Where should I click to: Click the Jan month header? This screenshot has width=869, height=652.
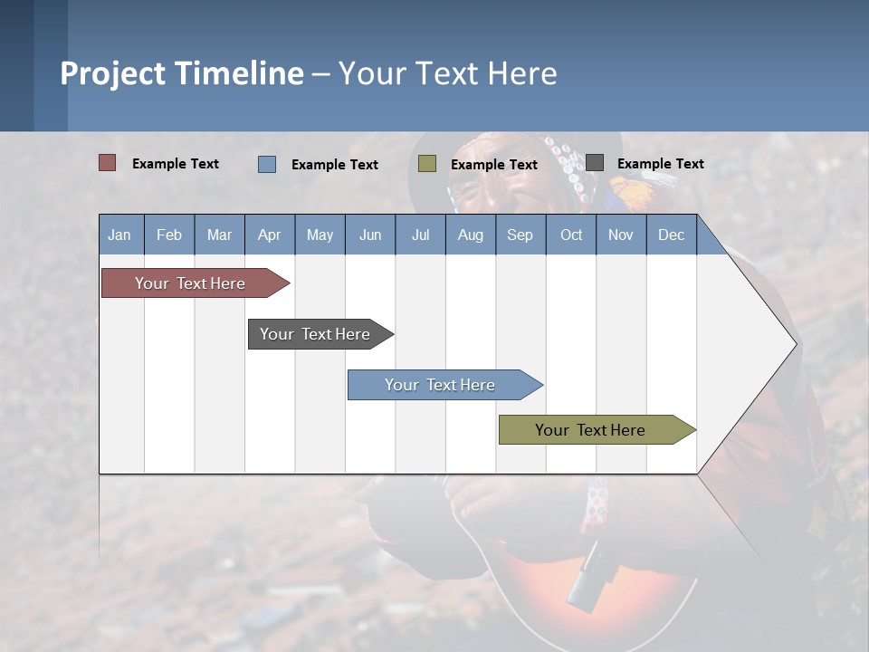point(120,235)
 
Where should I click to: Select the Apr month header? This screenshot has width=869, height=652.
point(270,235)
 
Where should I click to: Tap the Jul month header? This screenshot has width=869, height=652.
point(420,235)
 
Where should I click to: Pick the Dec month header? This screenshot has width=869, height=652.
point(671,235)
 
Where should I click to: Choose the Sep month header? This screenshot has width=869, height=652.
point(520,235)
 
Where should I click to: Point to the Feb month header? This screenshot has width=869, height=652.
point(169,235)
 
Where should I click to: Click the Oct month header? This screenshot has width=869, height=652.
point(571,235)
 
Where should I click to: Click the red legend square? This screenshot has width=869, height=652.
point(108,163)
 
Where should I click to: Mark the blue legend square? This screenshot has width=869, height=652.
point(267,164)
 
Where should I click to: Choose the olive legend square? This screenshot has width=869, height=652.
point(427,164)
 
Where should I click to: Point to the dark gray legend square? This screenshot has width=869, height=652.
point(595,163)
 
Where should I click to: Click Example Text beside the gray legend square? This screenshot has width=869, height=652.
point(660,164)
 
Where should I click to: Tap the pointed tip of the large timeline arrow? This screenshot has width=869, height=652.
point(794,344)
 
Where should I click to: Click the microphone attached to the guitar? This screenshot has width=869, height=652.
point(583,575)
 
